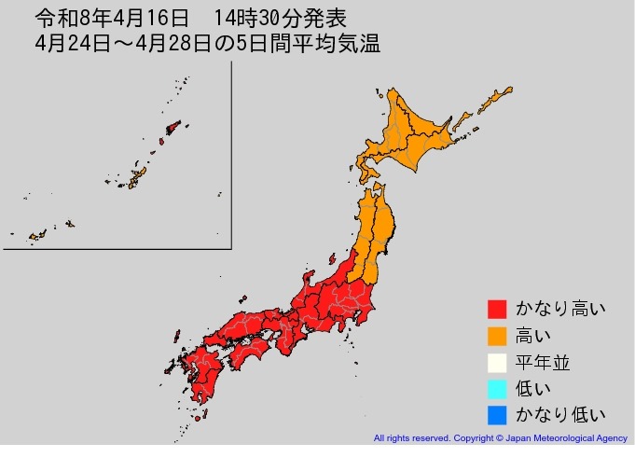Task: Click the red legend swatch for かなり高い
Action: click(497, 309)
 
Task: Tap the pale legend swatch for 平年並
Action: click(497, 362)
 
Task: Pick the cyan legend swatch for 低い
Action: click(497, 388)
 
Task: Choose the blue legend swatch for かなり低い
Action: click(497, 414)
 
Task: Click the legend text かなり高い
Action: click(559, 309)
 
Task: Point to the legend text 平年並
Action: click(543, 362)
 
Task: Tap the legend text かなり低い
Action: click(559, 414)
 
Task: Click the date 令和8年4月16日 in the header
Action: click(111, 18)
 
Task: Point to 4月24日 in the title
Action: click(71, 43)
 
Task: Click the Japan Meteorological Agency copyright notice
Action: click(500, 437)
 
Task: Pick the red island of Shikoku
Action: click(246, 352)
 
